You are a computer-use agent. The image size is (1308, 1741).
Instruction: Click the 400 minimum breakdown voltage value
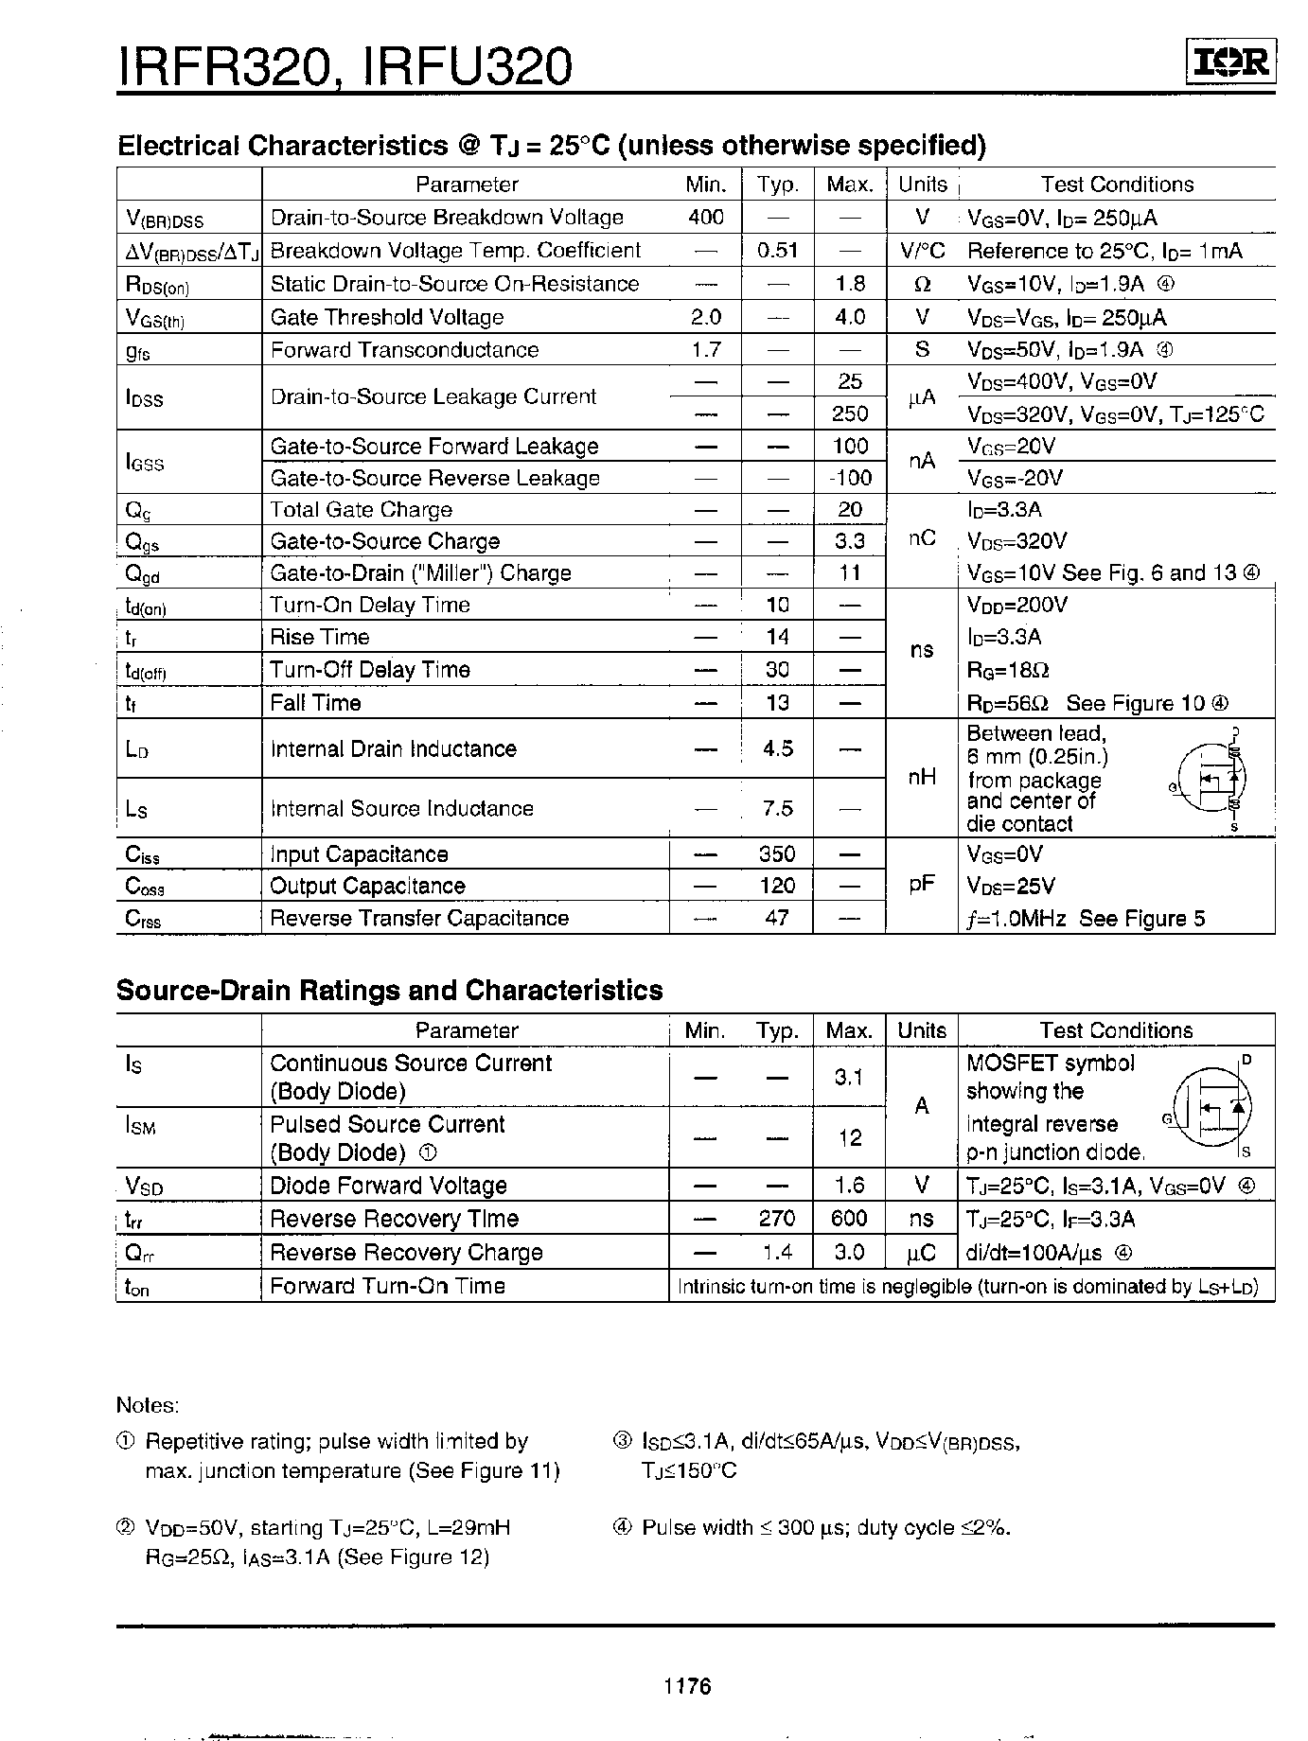pyautogui.click(x=706, y=218)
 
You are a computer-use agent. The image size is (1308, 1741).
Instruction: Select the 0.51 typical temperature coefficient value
pyautogui.click(x=778, y=251)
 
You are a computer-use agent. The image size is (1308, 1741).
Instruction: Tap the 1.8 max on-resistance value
pyautogui.click(x=850, y=284)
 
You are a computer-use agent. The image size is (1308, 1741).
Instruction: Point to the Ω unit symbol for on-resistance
pyautogui.click(x=923, y=284)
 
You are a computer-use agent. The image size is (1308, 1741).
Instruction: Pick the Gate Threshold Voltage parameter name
pyautogui.click(x=387, y=317)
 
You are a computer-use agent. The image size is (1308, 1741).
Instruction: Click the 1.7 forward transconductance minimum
pyautogui.click(x=706, y=350)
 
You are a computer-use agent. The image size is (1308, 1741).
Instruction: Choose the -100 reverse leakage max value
pyautogui.click(x=849, y=478)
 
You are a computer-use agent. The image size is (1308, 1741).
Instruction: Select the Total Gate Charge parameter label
pyautogui.click(x=362, y=510)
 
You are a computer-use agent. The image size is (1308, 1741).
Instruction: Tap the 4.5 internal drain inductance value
pyautogui.click(x=778, y=748)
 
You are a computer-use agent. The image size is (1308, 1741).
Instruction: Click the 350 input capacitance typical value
pyautogui.click(x=778, y=853)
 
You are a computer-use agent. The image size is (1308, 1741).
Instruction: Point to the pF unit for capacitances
pyautogui.click(x=922, y=885)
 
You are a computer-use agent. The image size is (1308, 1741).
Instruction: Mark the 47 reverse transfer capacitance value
pyautogui.click(x=778, y=918)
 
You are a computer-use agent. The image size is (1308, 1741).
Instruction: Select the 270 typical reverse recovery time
pyautogui.click(x=777, y=1219)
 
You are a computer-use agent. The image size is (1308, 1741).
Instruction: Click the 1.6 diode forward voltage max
pyautogui.click(x=850, y=1186)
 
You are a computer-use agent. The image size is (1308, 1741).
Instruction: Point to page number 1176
pyautogui.click(x=688, y=1685)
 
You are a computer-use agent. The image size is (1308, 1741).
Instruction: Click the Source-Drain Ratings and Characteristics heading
pyautogui.click(x=389, y=991)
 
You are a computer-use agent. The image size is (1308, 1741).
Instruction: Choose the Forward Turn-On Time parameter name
pyautogui.click(x=388, y=1286)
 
